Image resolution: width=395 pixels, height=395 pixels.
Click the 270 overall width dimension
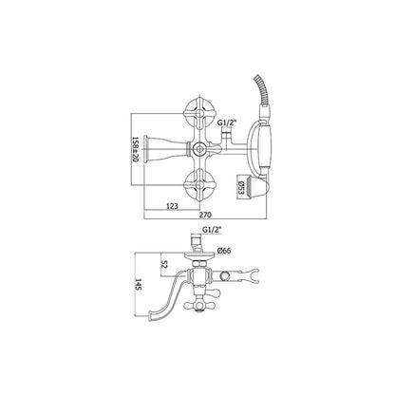click(x=205, y=215)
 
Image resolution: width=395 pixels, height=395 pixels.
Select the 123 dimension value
click(x=172, y=206)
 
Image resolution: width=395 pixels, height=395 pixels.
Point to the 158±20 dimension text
click(x=136, y=149)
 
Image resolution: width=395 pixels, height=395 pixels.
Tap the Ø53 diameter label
click(x=241, y=188)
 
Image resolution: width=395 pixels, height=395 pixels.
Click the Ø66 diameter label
click(x=224, y=251)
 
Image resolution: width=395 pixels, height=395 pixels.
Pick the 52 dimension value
click(x=164, y=265)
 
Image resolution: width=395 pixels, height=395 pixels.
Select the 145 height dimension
click(x=139, y=284)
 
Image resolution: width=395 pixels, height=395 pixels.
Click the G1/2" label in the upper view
click(x=227, y=123)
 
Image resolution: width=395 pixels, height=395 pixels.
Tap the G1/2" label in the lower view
click(x=212, y=230)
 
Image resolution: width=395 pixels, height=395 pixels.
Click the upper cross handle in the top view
click(x=199, y=113)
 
